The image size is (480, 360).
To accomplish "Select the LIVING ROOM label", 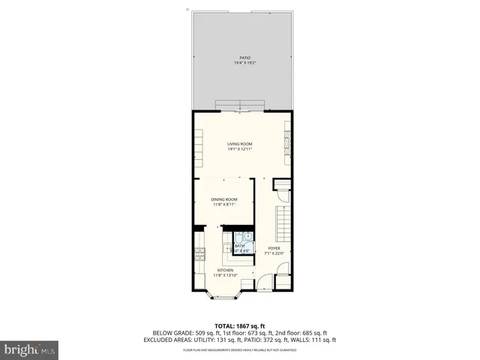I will click(240, 143).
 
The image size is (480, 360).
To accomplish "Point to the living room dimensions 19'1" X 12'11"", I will click(240, 148).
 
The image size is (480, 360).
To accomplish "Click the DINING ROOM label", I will click(224, 199).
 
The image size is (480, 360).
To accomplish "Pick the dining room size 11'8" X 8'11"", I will click(224, 204).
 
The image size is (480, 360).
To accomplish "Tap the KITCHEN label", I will click(225, 270).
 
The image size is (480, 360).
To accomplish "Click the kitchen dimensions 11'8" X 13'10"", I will click(225, 275).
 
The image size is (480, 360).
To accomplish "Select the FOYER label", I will click(274, 247).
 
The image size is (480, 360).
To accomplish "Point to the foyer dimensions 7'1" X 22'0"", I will click(274, 253).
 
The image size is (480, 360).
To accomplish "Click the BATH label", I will click(239, 245).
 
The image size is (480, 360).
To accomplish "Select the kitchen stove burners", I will click(199, 255).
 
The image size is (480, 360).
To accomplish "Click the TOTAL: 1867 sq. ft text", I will click(240, 325).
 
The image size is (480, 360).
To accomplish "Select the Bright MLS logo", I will click(30, 349).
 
